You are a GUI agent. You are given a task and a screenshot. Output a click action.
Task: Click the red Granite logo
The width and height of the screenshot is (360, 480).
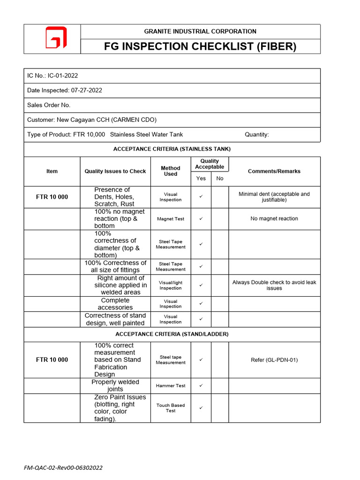(56, 38)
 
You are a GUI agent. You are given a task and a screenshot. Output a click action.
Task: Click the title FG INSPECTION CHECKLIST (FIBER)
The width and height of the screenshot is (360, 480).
(200, 46)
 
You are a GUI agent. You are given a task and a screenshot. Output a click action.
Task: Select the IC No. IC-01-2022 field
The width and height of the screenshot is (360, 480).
(52, 75)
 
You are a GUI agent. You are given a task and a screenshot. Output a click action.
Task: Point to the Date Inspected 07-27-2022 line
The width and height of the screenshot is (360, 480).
(65, 90)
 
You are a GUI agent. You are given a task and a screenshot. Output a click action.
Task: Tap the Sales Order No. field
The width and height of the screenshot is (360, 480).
(49, 105)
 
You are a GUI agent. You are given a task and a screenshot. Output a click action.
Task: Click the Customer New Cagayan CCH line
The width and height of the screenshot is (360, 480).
(92, 120)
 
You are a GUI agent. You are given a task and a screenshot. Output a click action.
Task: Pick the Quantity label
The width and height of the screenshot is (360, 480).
(257, 135)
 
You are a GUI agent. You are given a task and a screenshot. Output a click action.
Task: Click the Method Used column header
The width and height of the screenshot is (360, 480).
(171, 171)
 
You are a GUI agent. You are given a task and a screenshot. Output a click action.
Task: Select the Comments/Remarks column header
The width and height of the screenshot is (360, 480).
(274, 171)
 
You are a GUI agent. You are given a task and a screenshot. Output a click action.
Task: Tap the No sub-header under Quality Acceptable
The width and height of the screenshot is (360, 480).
(220, 179)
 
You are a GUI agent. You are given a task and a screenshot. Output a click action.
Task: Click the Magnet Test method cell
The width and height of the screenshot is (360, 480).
(171, 219)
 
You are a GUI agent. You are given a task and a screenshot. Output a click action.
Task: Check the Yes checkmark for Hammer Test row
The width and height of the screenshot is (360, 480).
(201, 385)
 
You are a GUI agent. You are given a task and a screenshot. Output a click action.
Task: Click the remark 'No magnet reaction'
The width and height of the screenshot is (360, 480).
(274, 218)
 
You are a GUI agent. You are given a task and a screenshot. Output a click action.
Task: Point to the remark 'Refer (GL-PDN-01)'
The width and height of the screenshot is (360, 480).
(274, 360)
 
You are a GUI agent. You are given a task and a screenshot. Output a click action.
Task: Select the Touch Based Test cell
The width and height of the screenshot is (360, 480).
(171, 408)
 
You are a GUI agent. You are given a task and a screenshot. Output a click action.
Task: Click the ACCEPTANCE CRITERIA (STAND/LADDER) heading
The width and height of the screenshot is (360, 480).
(172, 334)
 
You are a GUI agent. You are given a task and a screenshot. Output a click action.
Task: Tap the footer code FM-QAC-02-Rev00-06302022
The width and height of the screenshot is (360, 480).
(63, 467)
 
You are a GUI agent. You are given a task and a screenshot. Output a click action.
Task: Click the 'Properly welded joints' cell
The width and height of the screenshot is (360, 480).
(115, 385)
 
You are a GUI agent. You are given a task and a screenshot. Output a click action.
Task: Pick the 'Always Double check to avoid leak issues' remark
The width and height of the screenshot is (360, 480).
(274, 285)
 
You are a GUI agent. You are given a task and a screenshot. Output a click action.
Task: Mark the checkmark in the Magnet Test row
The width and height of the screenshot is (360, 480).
(201, 219)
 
